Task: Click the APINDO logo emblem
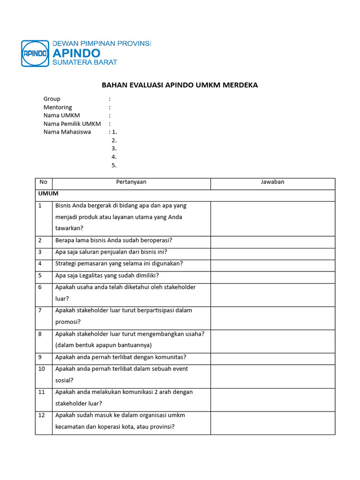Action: tap(35, 53)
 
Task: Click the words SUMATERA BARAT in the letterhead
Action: tap(85, 62)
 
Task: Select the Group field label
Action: tap(52, 99)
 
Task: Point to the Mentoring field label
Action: tap(58, 107)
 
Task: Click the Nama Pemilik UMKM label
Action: tap(72, 124)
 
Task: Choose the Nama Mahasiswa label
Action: tap(67, 132)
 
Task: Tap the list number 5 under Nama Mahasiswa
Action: tap(114, 165)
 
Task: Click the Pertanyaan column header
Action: tap(131, 182)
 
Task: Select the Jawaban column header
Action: tap(272, 182)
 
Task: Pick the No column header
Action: tap(44, 182)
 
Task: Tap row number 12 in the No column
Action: tap(42, 415)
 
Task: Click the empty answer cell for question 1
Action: tap(273, 218)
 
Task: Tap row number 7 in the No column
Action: tap(40, 310)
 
